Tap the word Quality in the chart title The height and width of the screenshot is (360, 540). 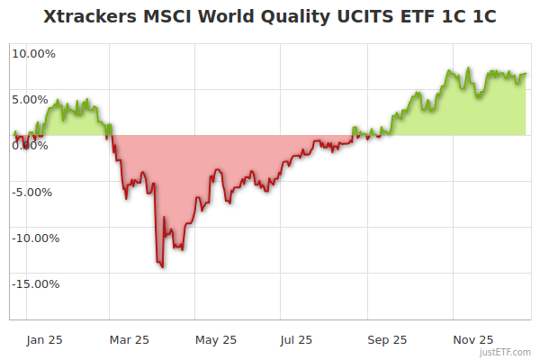click(271, 18)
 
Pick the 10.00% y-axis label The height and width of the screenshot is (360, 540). click(33, 53)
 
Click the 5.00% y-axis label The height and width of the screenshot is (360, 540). click(33, 99)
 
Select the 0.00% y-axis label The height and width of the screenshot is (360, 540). click(33, 146)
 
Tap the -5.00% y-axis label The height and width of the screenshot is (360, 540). click(33, 192)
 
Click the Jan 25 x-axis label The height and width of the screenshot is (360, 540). click(44, 339)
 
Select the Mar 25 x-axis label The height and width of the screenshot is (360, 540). click(129, 339)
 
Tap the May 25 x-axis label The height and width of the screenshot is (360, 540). click(215, 339)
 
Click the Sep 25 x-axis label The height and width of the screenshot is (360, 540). click(387, 339)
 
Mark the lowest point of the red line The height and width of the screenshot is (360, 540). click(162, 267)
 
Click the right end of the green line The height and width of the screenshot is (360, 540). click(526, 74)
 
